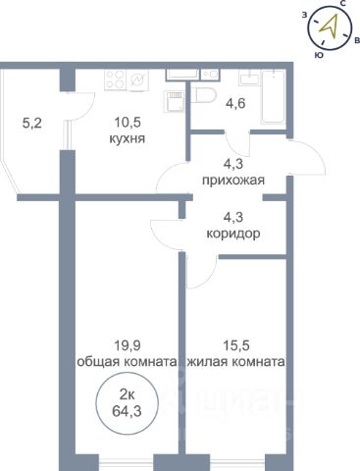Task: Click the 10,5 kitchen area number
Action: [128, 123]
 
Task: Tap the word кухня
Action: [128, 138]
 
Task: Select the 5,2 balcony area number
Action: [32, 124]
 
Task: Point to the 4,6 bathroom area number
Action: [235, 104]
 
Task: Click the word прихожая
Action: [233, 181]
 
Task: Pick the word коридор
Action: [233, 234]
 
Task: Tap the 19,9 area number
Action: [128, 345]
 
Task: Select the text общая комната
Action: [127, 362]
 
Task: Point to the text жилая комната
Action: [235, 362]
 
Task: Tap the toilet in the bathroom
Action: [203, 96]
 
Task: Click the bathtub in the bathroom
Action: [274, 97]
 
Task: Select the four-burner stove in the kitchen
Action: [116, 80]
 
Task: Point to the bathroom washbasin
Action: [250, 78]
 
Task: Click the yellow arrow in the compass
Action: [329, 26]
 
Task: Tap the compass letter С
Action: [343, 4]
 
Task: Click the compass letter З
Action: [304, 15]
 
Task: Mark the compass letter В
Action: [356, 40]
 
